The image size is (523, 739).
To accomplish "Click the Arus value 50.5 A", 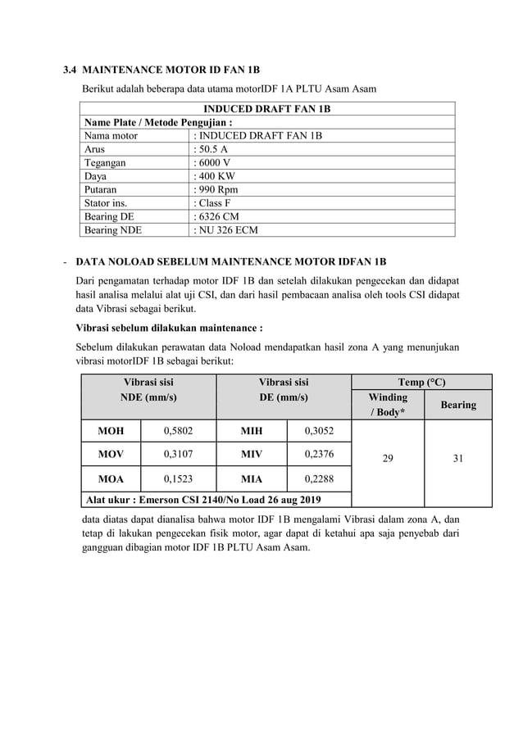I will tap(211, 149).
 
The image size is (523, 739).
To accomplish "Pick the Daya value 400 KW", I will tap(214, 175).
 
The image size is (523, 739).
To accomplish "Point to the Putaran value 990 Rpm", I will tap(215, 189).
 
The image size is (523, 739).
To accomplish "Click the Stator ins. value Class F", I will tap(214, 202).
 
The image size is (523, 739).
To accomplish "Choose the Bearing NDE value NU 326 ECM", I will tap(225, 230).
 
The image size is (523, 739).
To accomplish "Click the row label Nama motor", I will tap(111, 136).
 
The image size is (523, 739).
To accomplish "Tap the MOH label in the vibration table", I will tap(111, 431).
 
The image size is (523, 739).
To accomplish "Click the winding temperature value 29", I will tap(388, 460).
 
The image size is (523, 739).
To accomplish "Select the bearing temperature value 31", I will tap(457, 460).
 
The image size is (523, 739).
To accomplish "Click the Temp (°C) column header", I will tap(421, 382).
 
